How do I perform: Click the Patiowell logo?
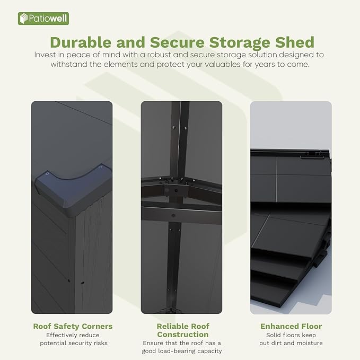tap(43, 19)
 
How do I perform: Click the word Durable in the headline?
tap(81, 42)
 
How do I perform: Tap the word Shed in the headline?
tap(295, 42)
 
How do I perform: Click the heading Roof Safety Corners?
tap(73, 326)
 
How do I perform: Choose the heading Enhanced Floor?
tap(291, 326)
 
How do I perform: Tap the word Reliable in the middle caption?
tap(171, 326)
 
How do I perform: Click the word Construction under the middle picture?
tap(183, 335)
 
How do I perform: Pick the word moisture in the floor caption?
tap(311, 343)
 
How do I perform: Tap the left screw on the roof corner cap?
tap(47, 174)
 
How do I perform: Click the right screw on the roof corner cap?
tap(100, 168)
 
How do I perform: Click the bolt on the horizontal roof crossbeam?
tap(173, 216)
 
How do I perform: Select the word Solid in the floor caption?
tap(273, 335)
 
